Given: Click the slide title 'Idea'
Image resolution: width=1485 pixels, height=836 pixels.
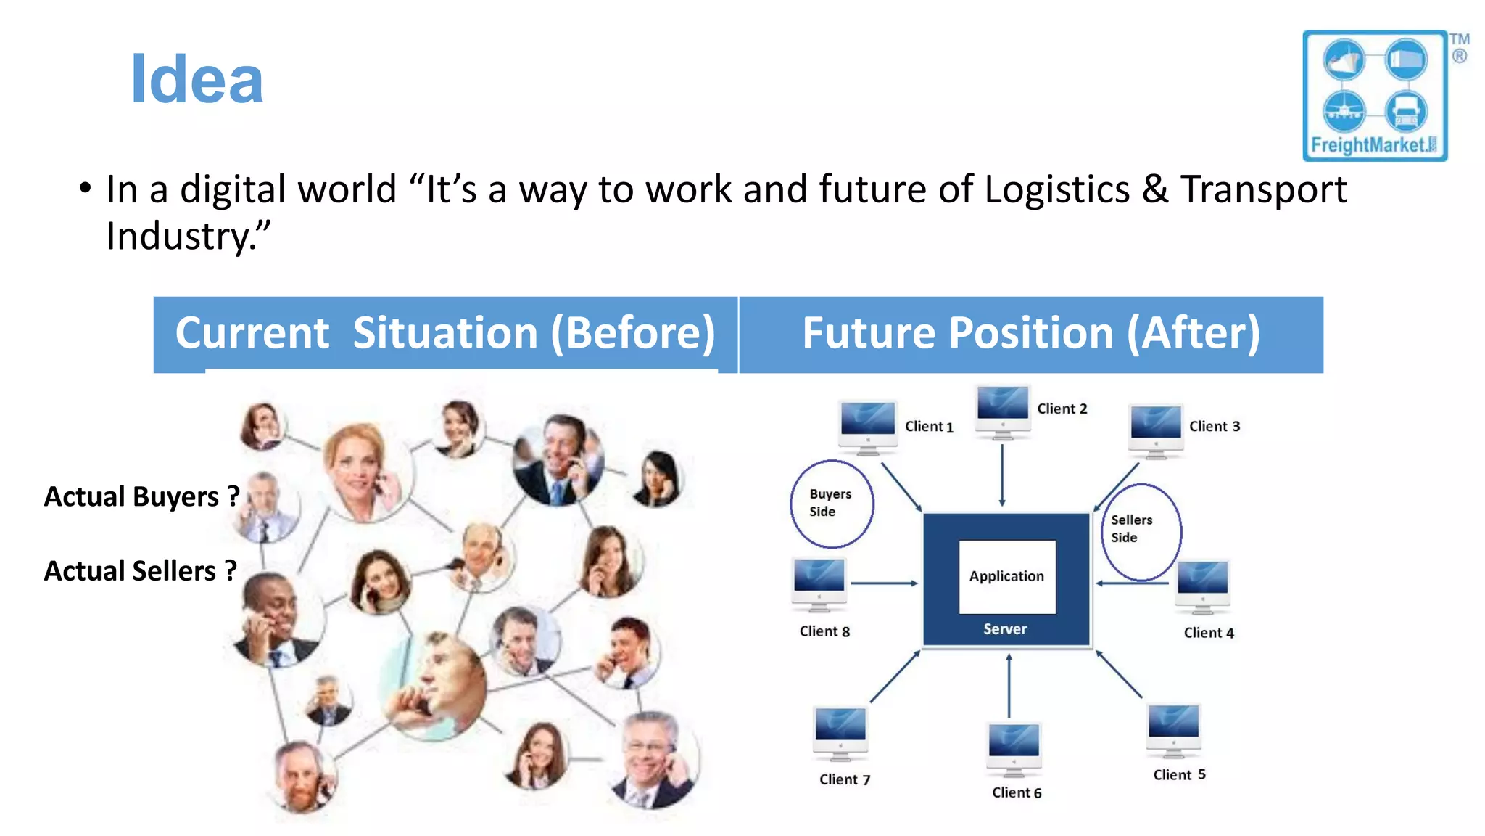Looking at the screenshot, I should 197,80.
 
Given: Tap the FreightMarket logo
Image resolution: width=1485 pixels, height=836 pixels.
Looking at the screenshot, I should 1375,96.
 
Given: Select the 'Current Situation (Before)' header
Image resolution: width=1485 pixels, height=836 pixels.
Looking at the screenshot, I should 445,334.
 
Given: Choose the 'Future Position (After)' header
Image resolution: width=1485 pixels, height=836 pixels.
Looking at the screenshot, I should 1030,334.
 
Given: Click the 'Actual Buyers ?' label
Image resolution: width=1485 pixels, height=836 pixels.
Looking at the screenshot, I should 141,497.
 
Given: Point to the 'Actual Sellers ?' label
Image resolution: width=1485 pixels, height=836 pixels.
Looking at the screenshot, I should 141,571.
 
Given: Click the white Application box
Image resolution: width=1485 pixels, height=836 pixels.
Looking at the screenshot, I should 1006,576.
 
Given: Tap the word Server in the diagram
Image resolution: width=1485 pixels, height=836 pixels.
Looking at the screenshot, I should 1005,629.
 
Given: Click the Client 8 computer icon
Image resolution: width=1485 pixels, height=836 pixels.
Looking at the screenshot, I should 819,582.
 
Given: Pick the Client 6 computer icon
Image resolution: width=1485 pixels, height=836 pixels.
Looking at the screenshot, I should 1014,747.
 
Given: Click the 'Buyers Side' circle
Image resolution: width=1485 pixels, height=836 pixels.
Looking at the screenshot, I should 832,503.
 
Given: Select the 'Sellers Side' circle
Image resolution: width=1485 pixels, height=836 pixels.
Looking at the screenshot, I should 1141,532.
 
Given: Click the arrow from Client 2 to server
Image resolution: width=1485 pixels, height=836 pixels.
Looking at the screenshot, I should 1002,475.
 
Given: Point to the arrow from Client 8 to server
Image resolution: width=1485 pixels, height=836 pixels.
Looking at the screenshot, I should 884,583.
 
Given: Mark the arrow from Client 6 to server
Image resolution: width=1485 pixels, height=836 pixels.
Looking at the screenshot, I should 1009,686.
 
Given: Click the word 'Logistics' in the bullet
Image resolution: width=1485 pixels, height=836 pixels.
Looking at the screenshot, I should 1056,189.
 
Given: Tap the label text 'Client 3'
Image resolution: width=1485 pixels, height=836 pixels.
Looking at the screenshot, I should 1215,427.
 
